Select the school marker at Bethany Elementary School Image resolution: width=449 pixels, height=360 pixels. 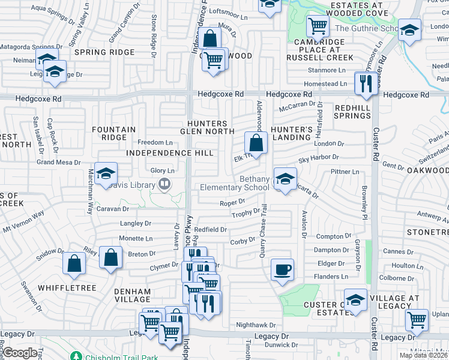[285, 178]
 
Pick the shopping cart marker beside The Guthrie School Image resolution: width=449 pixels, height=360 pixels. [317, 25]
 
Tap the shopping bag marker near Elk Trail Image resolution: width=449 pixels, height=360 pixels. [256, 143]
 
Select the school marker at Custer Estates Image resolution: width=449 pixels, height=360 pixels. [355, 300]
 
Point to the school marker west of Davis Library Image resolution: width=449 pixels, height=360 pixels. [106, 173]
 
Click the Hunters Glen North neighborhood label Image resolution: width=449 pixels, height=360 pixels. [207, 127]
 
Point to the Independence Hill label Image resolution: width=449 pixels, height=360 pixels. [170, 153]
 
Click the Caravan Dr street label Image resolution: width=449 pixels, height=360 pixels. [113, 209]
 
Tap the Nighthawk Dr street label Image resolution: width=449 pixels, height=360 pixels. [255, 325]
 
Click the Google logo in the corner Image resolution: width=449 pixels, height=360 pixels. [20, 353]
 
